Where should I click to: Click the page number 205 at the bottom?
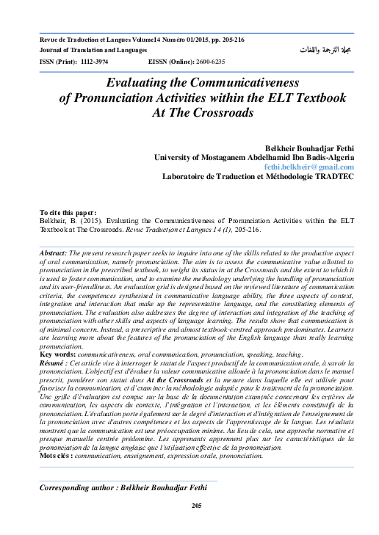pos(196,506)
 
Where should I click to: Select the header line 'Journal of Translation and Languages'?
pos(94,50)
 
